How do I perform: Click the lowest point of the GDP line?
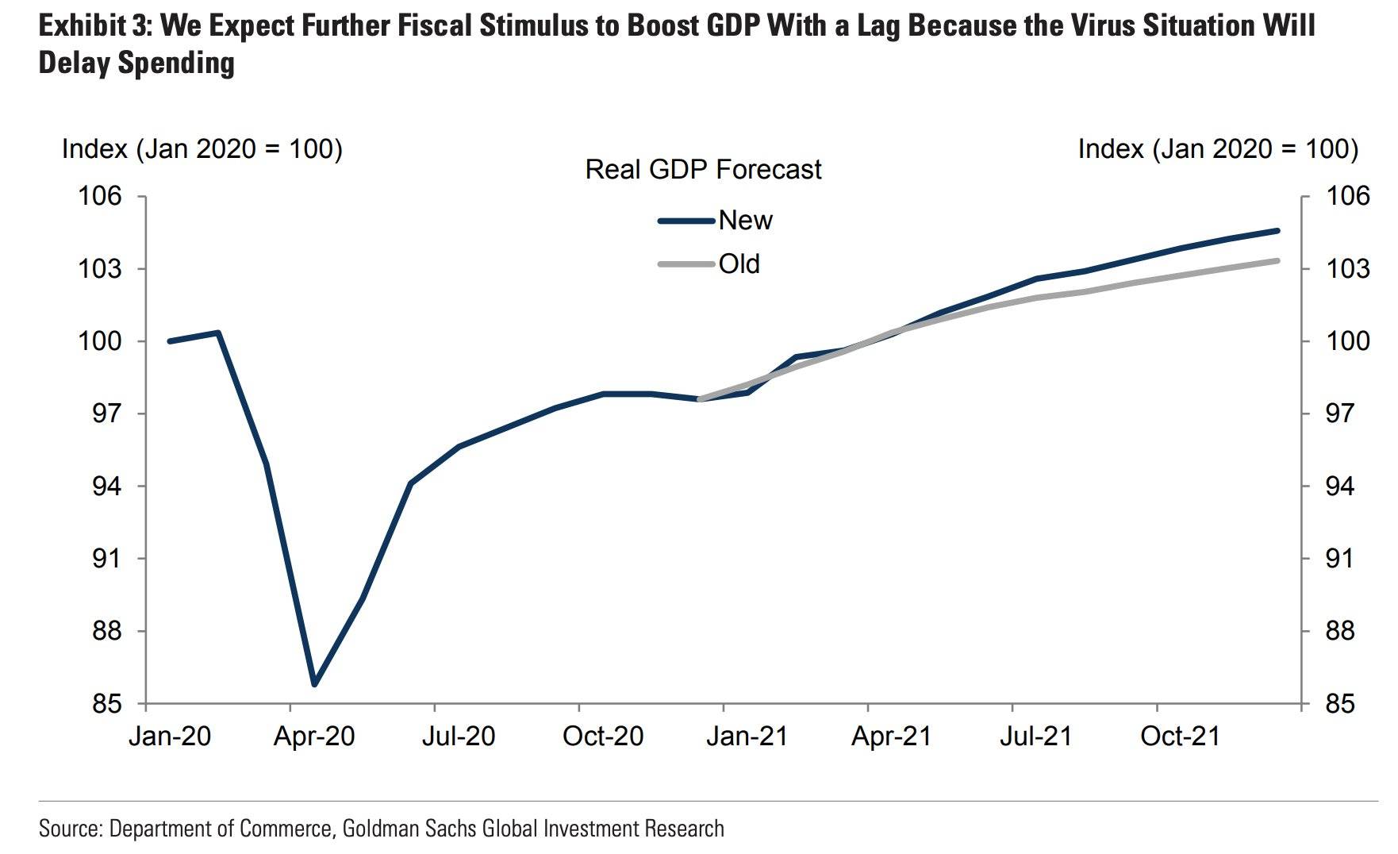click(x=315, y=683)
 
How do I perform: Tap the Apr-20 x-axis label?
click(x=314, y=737)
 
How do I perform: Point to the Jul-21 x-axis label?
click(x=1035, y=737)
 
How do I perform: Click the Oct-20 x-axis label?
click(x=603, y=737)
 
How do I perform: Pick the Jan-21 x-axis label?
click(x=747, y=737)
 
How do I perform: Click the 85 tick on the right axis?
click(x=1347, y=704)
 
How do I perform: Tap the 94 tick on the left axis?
click(x=107, y=486)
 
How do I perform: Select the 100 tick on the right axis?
click(x=1347, y=341)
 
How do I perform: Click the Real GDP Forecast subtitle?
click(x=703, y=170)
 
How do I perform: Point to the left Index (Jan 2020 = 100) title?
click(x=202, y=149)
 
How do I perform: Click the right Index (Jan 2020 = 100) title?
click(x=1218, y=149)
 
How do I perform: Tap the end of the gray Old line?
click(x=1277, y=260)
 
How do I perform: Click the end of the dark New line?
click(x=1277, y=230)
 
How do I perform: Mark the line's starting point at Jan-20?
click(x=170, y=341)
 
